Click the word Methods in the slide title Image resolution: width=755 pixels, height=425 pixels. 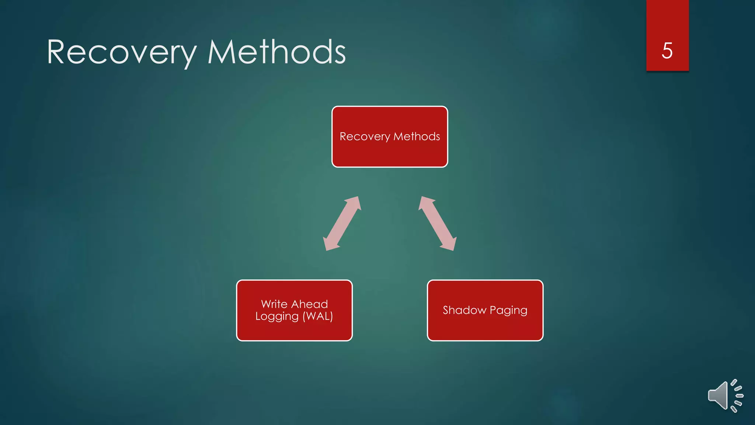point(276,52)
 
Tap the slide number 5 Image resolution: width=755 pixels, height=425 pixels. point(667,51)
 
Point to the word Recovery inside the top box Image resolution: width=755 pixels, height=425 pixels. point(365,137)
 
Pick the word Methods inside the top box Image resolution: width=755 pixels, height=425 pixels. point(417,137)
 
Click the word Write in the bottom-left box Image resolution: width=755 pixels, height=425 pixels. point(274,304)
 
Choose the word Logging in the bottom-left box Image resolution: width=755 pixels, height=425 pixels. point(277,317)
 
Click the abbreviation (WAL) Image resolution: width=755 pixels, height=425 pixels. point(318,316)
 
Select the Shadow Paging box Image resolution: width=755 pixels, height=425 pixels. point(485,328)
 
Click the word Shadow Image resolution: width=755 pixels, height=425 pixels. point(464,310)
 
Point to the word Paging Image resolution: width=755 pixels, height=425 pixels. point(508,311)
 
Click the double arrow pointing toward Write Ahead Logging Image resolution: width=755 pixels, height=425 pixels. point(342,224)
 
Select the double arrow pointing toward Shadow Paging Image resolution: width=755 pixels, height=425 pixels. point(438,224)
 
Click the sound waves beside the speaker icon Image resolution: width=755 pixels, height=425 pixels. point(737,396)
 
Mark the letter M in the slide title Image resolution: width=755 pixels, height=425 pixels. point(221,52)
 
